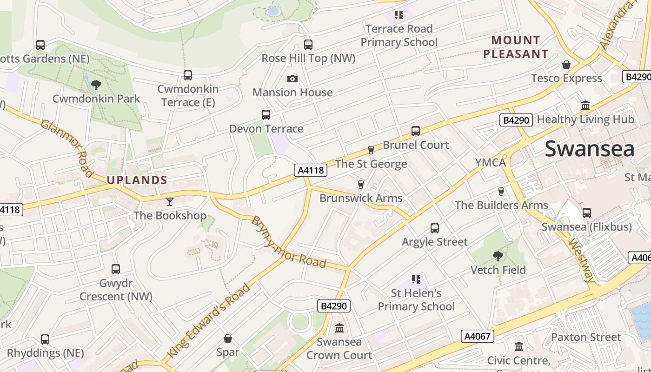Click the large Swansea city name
[589, 149]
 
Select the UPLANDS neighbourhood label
[137, 180]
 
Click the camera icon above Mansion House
[292, 79]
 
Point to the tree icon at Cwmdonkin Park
[96, 85]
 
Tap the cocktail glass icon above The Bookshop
[170, 202]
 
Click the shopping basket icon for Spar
[228, 339]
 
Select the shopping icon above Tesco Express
[566, 65]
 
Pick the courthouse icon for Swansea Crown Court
[339, 328]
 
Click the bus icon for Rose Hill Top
[308, 45]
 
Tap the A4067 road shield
[478, 336]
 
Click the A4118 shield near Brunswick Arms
[311, 170]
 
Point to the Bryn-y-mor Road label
[288, 242]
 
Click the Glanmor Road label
[68, 148]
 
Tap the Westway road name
[582, 260]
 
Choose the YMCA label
[490, 163]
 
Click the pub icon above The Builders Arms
[501, 191]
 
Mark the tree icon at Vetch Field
[498, 256]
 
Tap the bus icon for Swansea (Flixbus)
[587, 213]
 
